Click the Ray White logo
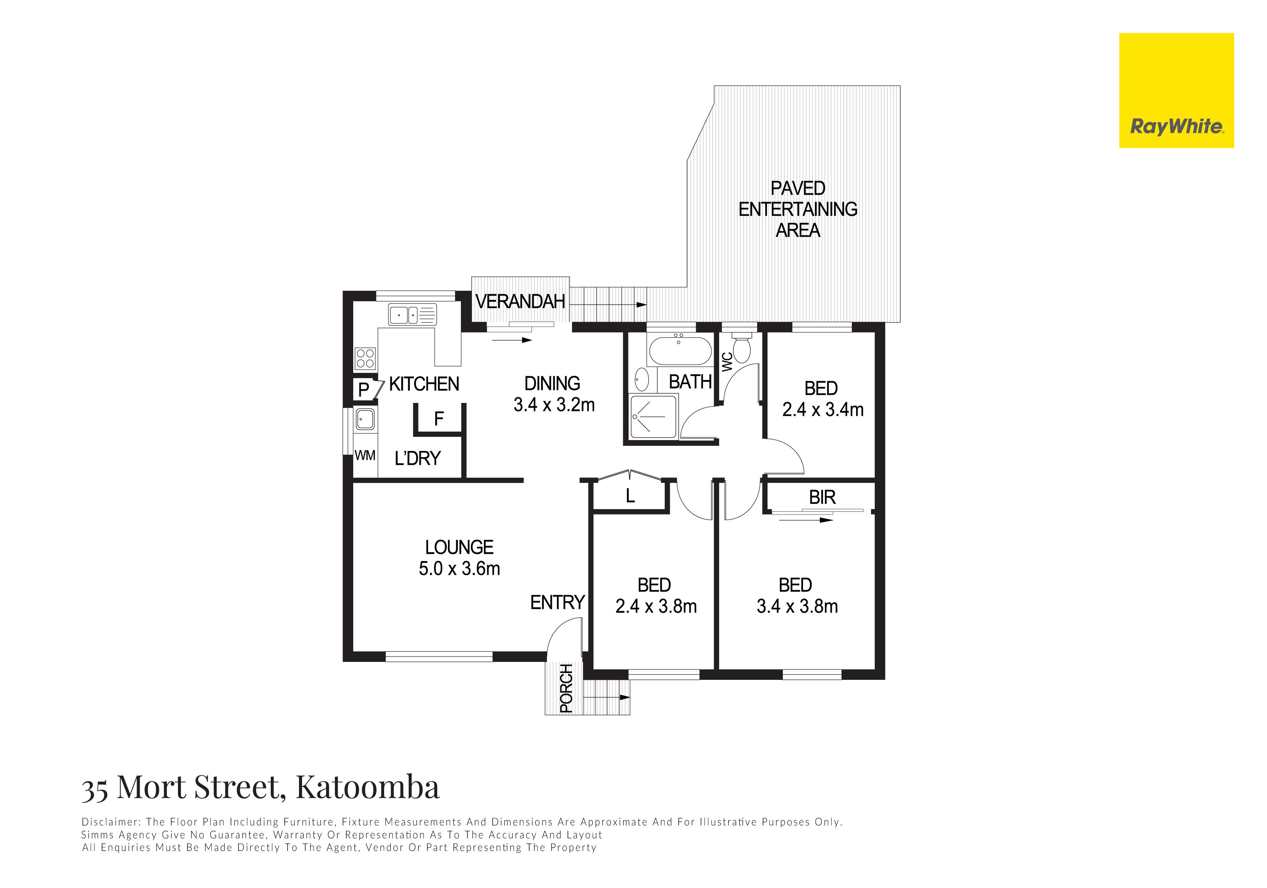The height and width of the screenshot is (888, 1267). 1176,91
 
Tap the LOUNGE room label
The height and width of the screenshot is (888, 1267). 459,547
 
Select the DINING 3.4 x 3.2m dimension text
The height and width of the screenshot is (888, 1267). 554,405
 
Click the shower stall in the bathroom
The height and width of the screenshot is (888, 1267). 653,417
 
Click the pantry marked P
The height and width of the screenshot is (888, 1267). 363,390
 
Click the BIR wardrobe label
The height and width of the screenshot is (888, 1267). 822,497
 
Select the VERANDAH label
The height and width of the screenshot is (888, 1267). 520,301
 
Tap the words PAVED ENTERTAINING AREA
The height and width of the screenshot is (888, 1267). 798,209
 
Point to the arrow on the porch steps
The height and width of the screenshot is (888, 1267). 606,697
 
